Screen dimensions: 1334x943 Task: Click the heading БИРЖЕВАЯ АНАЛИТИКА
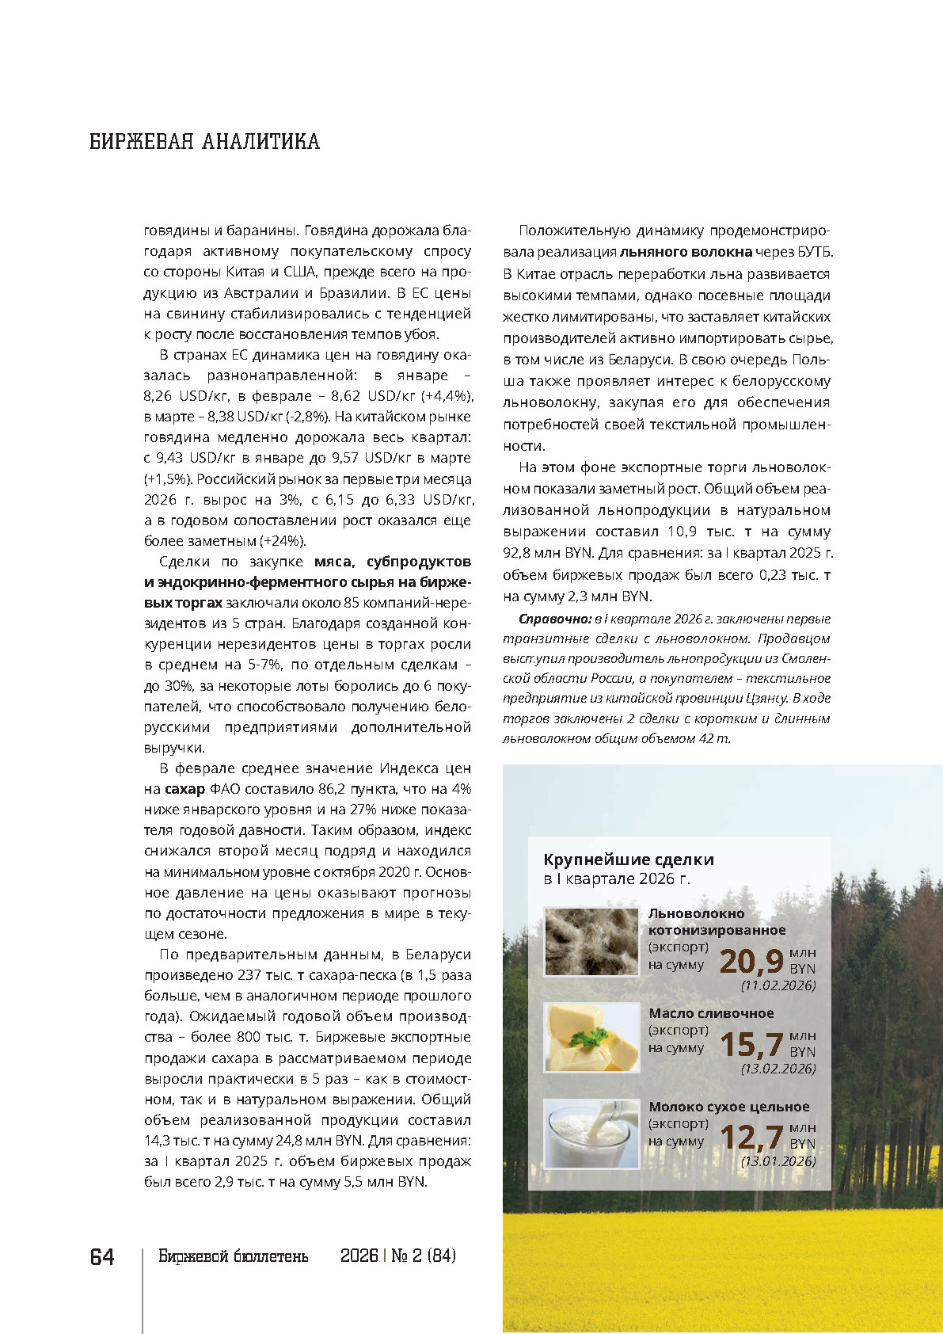pos(204,142)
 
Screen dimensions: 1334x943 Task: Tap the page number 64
pos(102,1257)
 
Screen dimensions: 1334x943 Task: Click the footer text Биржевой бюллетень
pos(233,1256)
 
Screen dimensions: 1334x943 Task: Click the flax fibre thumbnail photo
pos(591,941)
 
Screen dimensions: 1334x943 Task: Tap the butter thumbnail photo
pos(591,1038)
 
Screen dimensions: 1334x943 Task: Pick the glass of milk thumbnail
pos(591,1134)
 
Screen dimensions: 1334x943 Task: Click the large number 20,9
pos(751,961)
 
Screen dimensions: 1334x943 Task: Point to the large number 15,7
pos(751,1045)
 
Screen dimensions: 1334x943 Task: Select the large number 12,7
pos(751,1138)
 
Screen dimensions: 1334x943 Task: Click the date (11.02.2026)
pos(778,985)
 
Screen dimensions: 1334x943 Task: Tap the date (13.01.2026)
pos(778,1161)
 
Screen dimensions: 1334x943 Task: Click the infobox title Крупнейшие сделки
pos(629,859)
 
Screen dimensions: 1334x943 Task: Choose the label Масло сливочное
pos(711,1013)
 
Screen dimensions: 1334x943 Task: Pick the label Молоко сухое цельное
pos(728,1107)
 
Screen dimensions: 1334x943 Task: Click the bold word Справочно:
pos(555,619)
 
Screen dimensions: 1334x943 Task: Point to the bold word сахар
pos(184,789)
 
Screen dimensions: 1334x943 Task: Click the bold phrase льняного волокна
pos(686,252)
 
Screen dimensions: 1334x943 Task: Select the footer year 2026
pos(359,1256)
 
